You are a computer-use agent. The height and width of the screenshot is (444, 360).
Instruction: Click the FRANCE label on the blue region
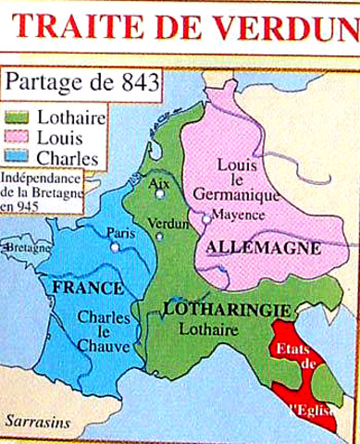(79, 288)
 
